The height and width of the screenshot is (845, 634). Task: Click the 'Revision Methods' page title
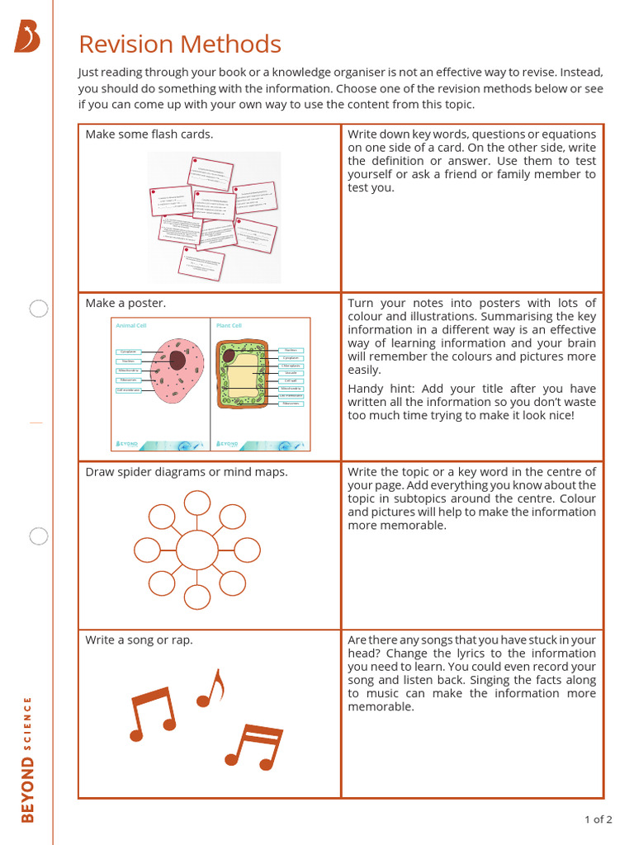180,45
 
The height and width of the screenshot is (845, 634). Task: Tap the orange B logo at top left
26,37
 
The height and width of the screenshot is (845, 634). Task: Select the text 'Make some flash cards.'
149,135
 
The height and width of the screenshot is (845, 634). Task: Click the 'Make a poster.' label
125,303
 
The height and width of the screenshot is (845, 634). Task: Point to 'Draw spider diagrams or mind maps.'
187,472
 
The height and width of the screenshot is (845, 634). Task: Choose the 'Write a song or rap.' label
139,640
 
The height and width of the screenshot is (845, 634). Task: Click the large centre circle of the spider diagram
197,550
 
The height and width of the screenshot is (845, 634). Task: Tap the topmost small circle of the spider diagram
197,502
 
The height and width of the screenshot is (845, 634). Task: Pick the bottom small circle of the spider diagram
197,597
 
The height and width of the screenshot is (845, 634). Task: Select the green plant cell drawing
242,375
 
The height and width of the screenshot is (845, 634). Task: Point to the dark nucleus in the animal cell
177,360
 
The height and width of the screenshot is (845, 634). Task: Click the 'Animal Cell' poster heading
130,326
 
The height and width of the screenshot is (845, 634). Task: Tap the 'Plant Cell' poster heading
229,326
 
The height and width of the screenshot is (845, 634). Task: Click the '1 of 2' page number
598,819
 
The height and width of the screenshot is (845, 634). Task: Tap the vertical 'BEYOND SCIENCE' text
28,759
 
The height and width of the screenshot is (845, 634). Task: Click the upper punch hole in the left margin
39,309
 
